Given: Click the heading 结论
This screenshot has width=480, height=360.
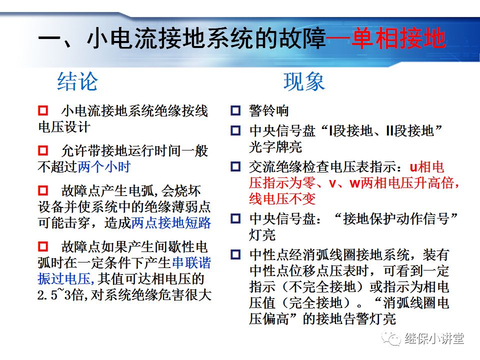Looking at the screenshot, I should (77, 82).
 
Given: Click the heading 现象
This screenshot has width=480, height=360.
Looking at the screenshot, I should (304, 82).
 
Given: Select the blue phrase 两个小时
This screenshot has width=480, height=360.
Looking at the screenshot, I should (104, 166).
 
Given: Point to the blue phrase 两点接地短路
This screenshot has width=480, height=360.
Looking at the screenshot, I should (171, 222).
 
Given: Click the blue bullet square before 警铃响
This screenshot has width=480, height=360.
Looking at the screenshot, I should (235, 111).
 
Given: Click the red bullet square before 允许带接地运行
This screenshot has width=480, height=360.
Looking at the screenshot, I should (43, 150).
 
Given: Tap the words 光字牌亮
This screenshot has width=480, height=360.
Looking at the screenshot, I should (275, 147).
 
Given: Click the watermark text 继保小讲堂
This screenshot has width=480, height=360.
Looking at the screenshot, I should (434, 338).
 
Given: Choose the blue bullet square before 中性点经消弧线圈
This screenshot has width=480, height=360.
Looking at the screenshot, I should (235, 255).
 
